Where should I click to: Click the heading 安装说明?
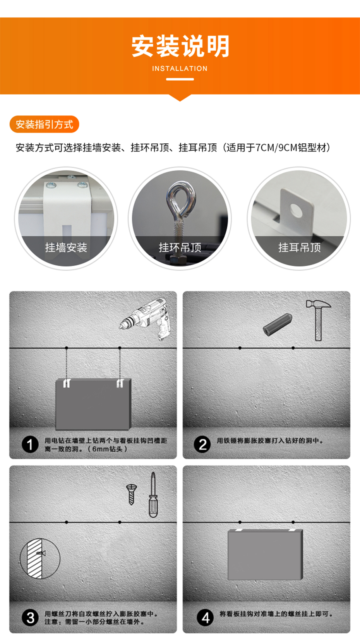(180, 46)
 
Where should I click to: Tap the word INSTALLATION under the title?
(180, 69)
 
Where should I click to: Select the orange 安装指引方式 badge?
(44, 124)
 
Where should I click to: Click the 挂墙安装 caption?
(66, 247)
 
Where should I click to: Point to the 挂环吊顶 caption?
(180, 247)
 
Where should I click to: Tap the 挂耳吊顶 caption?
(300, 247)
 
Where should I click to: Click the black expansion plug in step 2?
(278, 325)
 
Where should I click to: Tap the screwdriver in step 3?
(153, 495)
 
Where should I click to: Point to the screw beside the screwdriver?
(131, 494)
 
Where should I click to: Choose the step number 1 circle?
(30, 445)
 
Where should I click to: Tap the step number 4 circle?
(205, 618)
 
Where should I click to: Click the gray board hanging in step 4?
(265, 555)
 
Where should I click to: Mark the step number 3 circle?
(30, 618)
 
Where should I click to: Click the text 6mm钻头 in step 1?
(107, 449)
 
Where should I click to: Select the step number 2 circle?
(202, 445)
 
